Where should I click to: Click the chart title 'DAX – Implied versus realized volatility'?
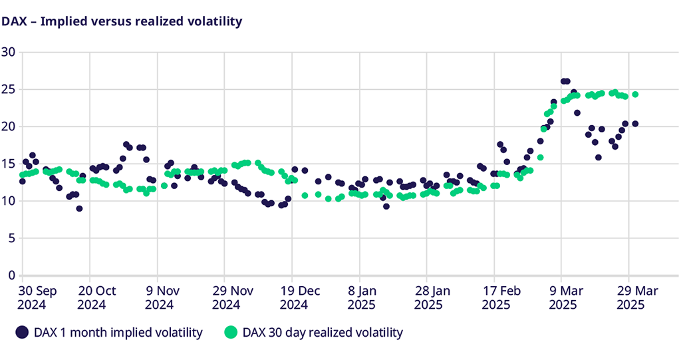pos(121,21)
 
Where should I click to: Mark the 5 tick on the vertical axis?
pos(11,238)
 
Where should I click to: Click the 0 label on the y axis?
pos(11,275)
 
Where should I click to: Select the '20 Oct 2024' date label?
pos(97,297)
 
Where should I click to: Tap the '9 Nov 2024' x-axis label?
pos(159,297)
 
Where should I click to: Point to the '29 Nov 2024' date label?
pos(228,297)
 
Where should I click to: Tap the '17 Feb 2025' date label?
pos(495,297)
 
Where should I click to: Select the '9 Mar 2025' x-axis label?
pos(562,297)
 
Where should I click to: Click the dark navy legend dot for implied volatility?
pos(23,332)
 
